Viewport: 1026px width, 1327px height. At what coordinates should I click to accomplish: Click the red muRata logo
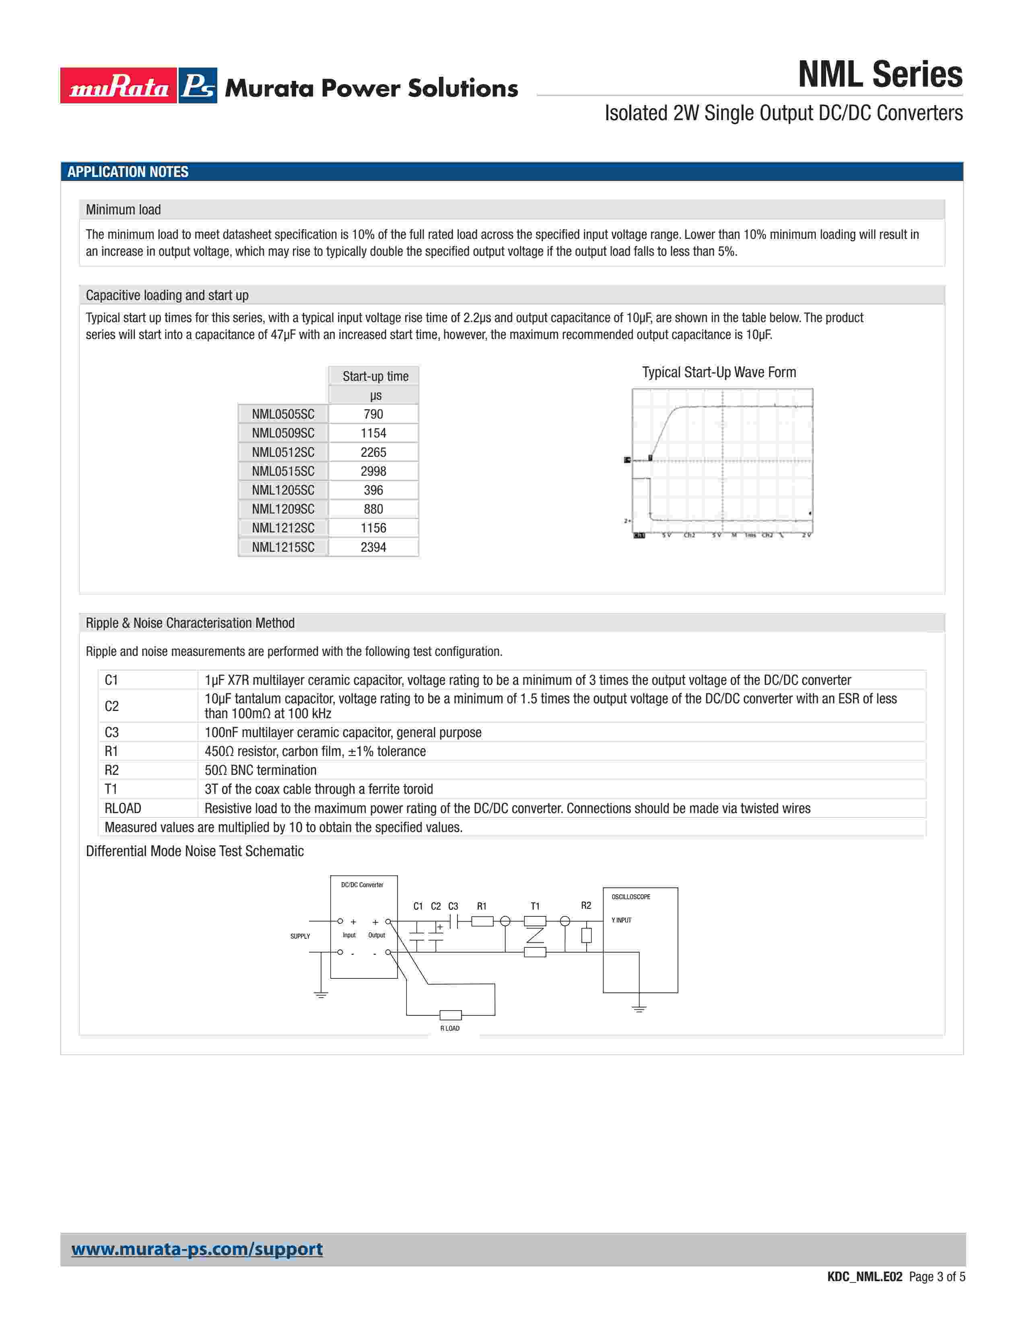point(119,86)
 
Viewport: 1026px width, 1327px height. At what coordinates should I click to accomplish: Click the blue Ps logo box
point(198,86)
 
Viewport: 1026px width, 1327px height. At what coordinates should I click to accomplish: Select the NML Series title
point(880,75)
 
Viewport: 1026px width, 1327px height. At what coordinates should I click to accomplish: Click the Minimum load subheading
point(124,210)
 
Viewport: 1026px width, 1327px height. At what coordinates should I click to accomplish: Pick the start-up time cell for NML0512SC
point(373,452)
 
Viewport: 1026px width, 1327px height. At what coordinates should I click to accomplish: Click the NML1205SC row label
point(283,490)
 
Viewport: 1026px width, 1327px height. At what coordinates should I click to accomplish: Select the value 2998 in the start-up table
point(373,471)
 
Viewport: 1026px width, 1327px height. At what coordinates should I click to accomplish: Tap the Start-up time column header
point(375,376)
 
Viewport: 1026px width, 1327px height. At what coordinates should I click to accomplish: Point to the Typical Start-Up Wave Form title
point(719,372)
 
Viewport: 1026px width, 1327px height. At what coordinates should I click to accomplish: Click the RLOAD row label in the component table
point(123,808)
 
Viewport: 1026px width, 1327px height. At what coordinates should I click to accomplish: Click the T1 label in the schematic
point(535,906)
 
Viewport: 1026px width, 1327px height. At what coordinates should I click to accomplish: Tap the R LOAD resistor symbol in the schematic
point(450,1015)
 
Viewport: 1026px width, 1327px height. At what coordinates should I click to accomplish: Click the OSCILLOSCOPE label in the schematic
point(631,897)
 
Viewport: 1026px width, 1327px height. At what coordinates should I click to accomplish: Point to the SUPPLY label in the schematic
point(300,936)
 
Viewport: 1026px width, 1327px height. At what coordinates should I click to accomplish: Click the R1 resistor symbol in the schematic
point(482,922)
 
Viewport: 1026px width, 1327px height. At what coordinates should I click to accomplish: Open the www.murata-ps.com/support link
point(197,1249)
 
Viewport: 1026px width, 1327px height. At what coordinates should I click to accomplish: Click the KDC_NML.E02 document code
point(864,1277)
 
